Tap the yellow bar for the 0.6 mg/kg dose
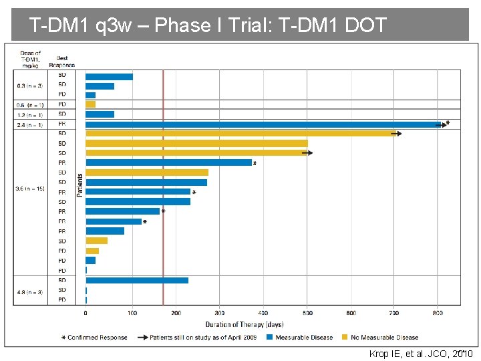point(90,104)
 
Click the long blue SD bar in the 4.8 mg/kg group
point(137,280)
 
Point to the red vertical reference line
point(163,201)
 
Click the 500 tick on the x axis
point(307,313)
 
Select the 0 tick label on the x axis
point(86,313)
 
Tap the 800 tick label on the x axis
point(438,313)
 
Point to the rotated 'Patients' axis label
point(80,185)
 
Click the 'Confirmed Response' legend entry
point(94,337)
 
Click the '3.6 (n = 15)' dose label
point(30,189)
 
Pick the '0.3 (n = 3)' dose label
point(30,86)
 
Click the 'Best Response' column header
point(66,62)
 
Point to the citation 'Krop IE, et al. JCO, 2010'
point(422,354)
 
